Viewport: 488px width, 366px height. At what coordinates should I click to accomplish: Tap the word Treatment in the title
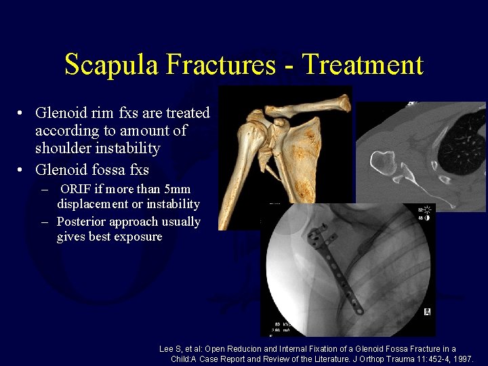click(363, 65)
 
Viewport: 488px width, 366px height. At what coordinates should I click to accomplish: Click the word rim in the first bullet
click(100, 113)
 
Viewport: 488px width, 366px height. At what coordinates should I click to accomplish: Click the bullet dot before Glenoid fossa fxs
click(22, 170)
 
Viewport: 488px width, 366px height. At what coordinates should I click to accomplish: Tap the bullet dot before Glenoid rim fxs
click(22, 113)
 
